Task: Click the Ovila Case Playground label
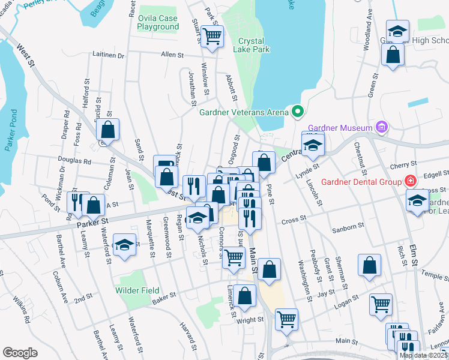coord(158,23)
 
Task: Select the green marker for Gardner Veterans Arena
coord(297,111)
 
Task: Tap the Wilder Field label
coord(137,290)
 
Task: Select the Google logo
coord(20,353)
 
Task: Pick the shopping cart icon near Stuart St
coord(211,36)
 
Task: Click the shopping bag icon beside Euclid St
coord(107,128)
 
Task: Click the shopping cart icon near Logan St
coord(381,304)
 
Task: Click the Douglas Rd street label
coord(74,161)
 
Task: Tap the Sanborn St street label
coord(349,229)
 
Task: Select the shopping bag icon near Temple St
coord(369,265)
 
